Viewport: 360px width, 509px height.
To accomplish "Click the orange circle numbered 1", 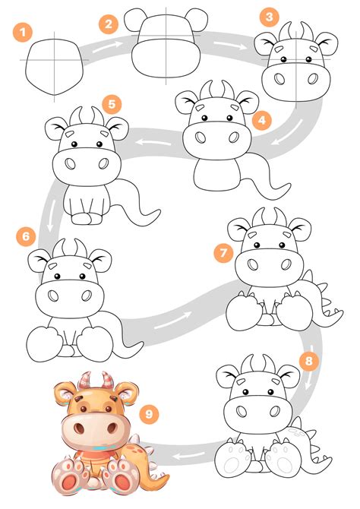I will coord(24,32).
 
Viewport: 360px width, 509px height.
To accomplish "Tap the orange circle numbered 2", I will coord(109,24).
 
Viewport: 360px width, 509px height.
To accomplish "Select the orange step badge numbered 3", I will coord(267,16).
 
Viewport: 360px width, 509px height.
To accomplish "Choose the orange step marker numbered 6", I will coord(27,236).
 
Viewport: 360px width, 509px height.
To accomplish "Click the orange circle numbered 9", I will coord(150,413).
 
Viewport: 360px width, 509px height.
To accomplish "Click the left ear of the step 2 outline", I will coord(135,18).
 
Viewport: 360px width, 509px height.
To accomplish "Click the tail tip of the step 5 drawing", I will coord(155,212).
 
